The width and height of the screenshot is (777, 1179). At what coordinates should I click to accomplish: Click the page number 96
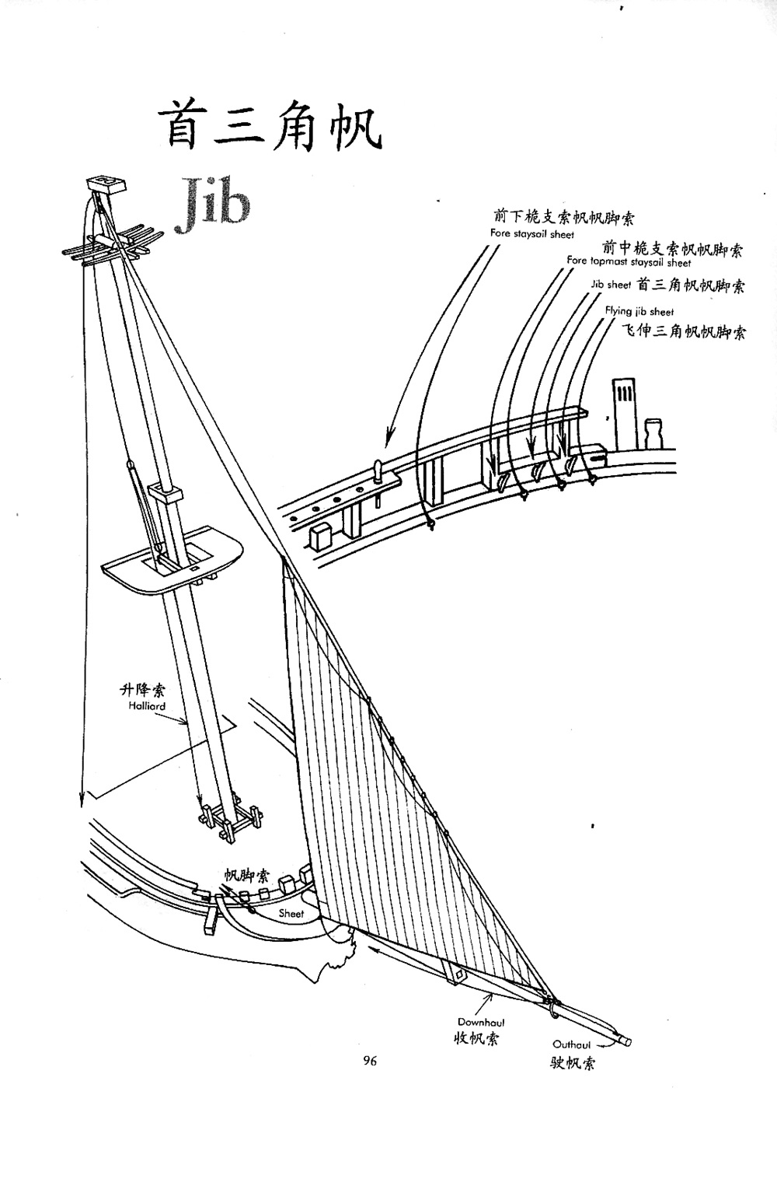369,1061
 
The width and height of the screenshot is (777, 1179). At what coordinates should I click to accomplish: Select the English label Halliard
147,706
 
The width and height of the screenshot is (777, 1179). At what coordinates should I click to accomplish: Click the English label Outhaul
572,1044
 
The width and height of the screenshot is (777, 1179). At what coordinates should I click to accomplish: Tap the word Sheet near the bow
291,913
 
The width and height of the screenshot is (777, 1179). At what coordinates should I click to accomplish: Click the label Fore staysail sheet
532,233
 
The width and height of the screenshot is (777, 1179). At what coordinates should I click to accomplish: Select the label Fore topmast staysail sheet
629,262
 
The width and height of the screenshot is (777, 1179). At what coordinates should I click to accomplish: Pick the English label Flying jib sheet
639,312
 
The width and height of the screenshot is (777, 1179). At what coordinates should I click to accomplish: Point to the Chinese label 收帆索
476,1038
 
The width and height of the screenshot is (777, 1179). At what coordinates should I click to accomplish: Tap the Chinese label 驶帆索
572,1063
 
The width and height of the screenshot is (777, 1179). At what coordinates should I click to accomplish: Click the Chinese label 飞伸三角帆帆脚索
685,332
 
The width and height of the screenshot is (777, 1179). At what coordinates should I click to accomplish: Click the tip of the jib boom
625,1041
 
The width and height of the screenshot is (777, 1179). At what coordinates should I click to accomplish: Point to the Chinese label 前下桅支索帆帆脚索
563,217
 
